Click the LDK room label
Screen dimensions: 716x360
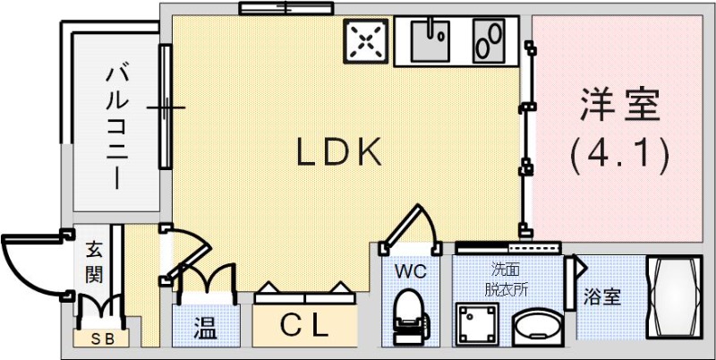click(339, 153)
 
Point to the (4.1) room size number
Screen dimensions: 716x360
click(619, 156)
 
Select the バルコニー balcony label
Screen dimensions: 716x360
click(115, 125)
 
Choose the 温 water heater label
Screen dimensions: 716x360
click(205, 327)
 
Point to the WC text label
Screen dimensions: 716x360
click(408, 269)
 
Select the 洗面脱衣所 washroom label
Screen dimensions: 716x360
click(507, 279)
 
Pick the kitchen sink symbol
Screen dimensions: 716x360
click(432, 40)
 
